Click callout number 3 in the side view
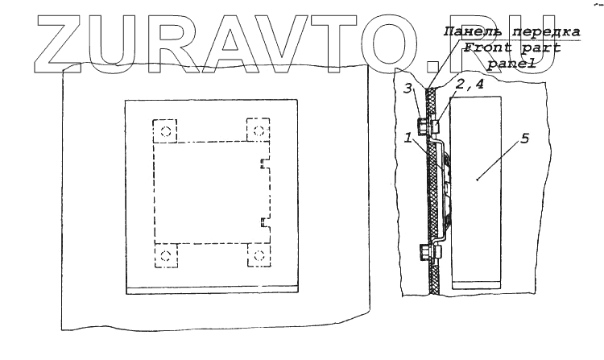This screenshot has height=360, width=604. [409, 86]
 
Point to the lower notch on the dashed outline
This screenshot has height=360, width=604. [263, 221]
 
